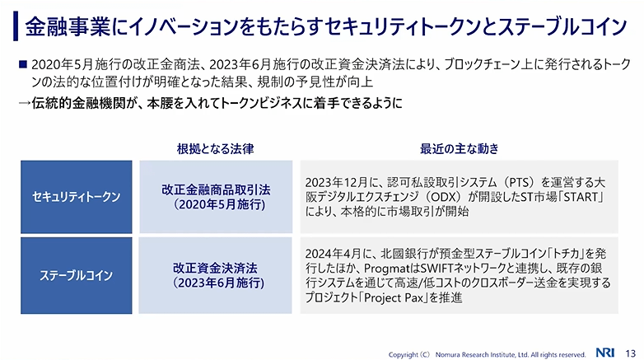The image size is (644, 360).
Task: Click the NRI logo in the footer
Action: click(x=605, y=353)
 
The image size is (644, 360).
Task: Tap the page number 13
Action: click(x=631, y=353)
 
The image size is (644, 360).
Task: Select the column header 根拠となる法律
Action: click(x=215, y=149)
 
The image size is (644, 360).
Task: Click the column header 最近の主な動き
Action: click(x=460, y=149)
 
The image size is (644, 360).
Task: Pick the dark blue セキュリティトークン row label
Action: click(x=77, y=197)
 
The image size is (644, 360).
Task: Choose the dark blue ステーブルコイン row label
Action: click(x=77, y=275)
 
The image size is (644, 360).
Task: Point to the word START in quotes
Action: click(x=581, y=197)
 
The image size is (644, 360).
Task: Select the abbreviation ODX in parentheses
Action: click(x=443, y=197)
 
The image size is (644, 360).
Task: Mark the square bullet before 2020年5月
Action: click(x=23, y=64)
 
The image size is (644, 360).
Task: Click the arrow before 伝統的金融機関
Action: click(x=24, y=103)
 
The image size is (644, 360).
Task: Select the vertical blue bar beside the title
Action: click(x=16, y=26)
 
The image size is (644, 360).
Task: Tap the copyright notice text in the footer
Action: click(x=487, y=354)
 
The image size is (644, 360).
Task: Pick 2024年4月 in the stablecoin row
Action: click(x=333, y=254)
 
